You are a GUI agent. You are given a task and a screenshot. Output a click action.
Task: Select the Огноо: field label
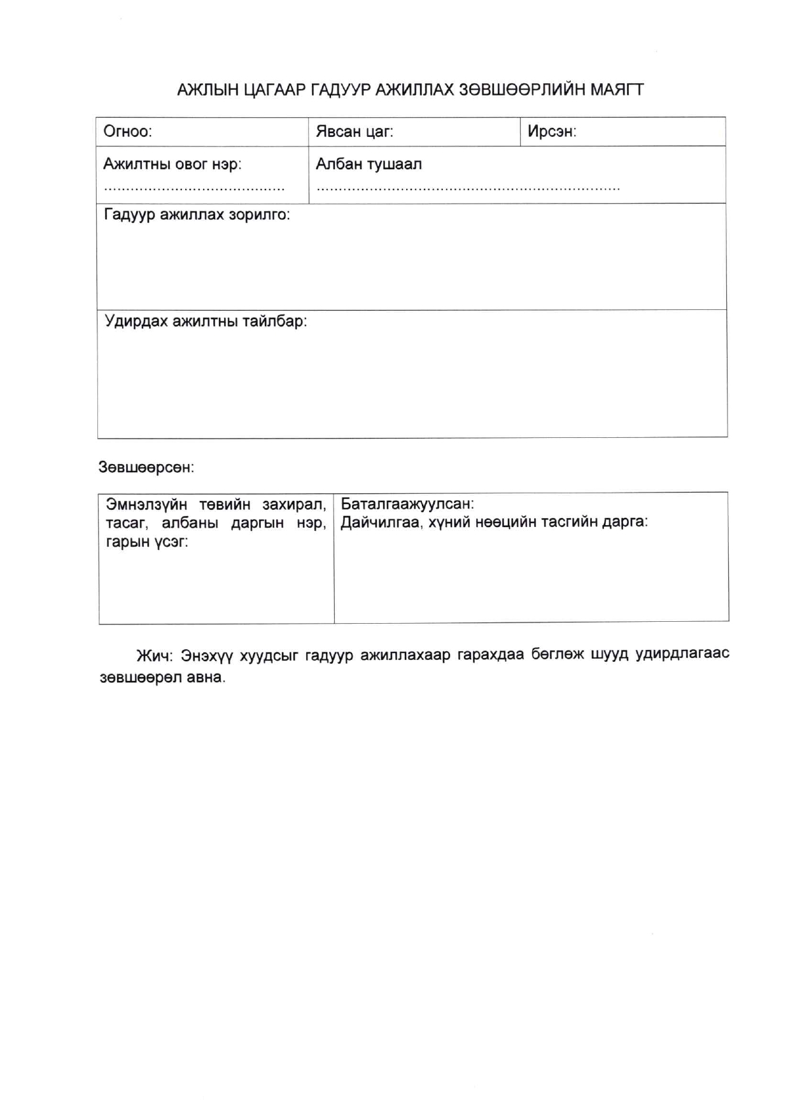127,132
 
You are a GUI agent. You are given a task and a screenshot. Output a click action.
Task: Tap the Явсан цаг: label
354,132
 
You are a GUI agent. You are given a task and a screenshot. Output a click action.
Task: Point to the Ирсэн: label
551,132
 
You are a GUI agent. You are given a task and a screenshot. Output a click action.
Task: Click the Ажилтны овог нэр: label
172,164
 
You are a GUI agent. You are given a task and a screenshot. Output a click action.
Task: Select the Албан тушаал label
369,164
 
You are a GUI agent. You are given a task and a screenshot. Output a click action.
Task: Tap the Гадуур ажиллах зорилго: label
197,214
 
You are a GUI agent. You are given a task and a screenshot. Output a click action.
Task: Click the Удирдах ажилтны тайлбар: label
206,321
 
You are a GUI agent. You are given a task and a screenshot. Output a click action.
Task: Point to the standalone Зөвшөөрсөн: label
146,468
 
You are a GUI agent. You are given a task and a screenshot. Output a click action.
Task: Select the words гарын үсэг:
147,542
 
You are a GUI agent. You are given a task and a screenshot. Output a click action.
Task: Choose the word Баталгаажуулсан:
407,504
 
